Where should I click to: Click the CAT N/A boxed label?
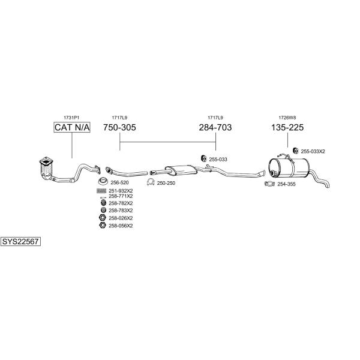72,127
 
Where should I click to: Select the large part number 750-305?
119,127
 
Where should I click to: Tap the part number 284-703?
215,127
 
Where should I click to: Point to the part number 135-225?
287,127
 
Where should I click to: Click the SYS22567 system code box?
20,242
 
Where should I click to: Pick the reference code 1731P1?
71,118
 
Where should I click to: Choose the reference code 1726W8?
287,118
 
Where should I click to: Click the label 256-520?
119,182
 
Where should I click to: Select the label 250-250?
166,183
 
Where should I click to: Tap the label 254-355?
286,184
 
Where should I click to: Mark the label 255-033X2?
313,151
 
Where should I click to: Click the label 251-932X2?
121,191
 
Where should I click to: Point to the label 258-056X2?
121,226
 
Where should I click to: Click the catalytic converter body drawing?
47,168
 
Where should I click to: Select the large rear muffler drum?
289,168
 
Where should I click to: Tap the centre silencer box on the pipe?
181,170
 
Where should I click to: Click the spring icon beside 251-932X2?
101,191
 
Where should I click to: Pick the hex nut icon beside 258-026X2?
103,218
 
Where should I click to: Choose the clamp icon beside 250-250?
151,182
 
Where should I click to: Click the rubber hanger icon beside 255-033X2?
296,151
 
